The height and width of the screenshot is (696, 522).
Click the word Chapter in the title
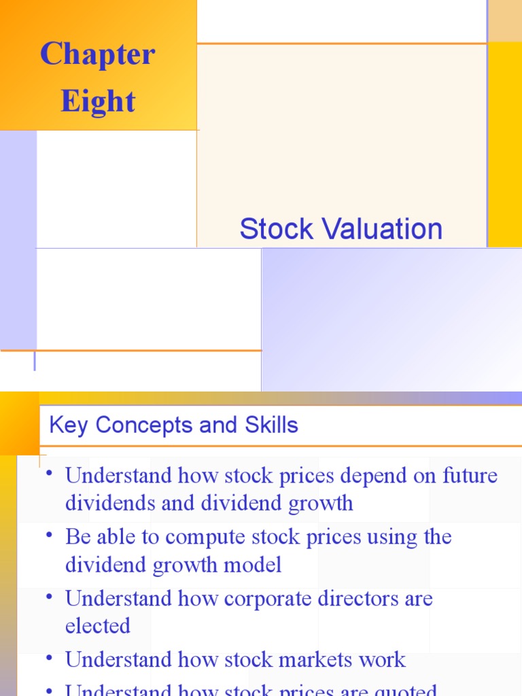click(x=98, y=54)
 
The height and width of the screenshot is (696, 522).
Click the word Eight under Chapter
click(x=98, y=101)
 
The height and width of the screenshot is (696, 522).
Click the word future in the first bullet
click(x=469, y=475)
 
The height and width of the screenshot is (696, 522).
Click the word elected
click(x=98, y=626)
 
